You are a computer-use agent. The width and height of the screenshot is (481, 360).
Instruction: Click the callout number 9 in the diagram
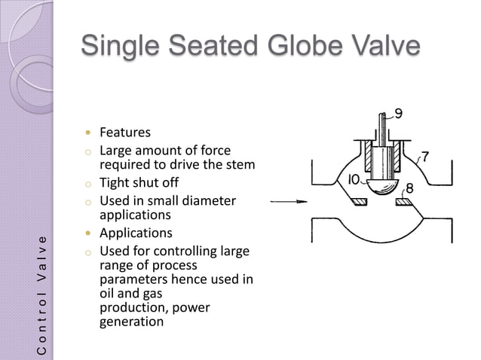(398, 114)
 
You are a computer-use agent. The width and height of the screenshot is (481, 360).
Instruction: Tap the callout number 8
(411, 186)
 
